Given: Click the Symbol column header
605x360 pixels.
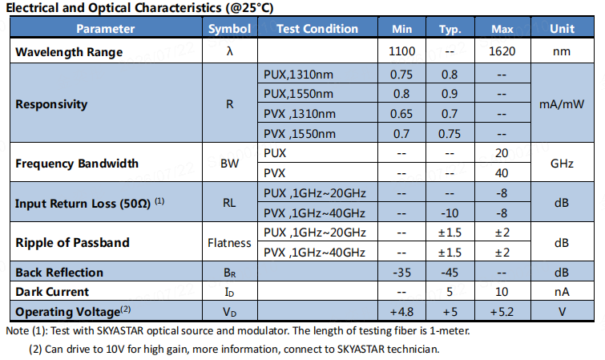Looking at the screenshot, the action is pyautogui.click(x=229, y=29).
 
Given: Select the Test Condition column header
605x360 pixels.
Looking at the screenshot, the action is pyautogui.click(x=317, y=29).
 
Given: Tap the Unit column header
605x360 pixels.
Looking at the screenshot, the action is pyautogui.click(x=563, y=29).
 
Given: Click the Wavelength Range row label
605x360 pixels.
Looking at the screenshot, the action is pyautogui.click(x=69, y=52).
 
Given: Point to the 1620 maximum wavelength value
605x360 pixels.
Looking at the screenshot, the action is pyautogui.click(x=502, y=51).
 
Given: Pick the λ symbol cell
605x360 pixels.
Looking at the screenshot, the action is pyautogui.click(x=229, y=51).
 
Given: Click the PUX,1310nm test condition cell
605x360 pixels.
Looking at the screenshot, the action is pyautogui.click(x=298, y=74).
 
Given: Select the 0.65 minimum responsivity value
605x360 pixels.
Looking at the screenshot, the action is pyautogui.click(x=401, y=114).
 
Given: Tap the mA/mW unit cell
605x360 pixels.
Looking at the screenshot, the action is pyautogui.click(x=562, y=104).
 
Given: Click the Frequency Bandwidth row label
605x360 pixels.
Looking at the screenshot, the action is pyautogui.click(x=77, y=164).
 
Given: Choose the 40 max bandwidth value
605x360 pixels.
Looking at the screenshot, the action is pyautogui.click(x=502, y=173).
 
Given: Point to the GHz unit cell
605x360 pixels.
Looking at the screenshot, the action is pyautogui.click(x=562, y=164).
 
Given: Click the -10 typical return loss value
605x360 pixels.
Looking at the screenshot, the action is pyautogui.click(x=450, y=213).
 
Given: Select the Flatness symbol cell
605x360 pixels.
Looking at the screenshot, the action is pyautogui.click(x=229, y=243).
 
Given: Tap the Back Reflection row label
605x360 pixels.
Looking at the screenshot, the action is pyautogui.click(x=59, y=273).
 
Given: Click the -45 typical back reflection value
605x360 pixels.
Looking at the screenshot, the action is pyautogui.click(x=450, y=273).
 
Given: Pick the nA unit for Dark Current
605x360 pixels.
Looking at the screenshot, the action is pyautogui.click(x=562, y=292).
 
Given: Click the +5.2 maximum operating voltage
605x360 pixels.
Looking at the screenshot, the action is pyautogui.click(x=502, y=312).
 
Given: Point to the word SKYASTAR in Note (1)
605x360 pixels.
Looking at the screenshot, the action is pyautogui.click(x=120, y=331).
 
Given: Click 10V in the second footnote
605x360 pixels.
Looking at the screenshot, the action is pyautogui.click(x=115, y=350).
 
